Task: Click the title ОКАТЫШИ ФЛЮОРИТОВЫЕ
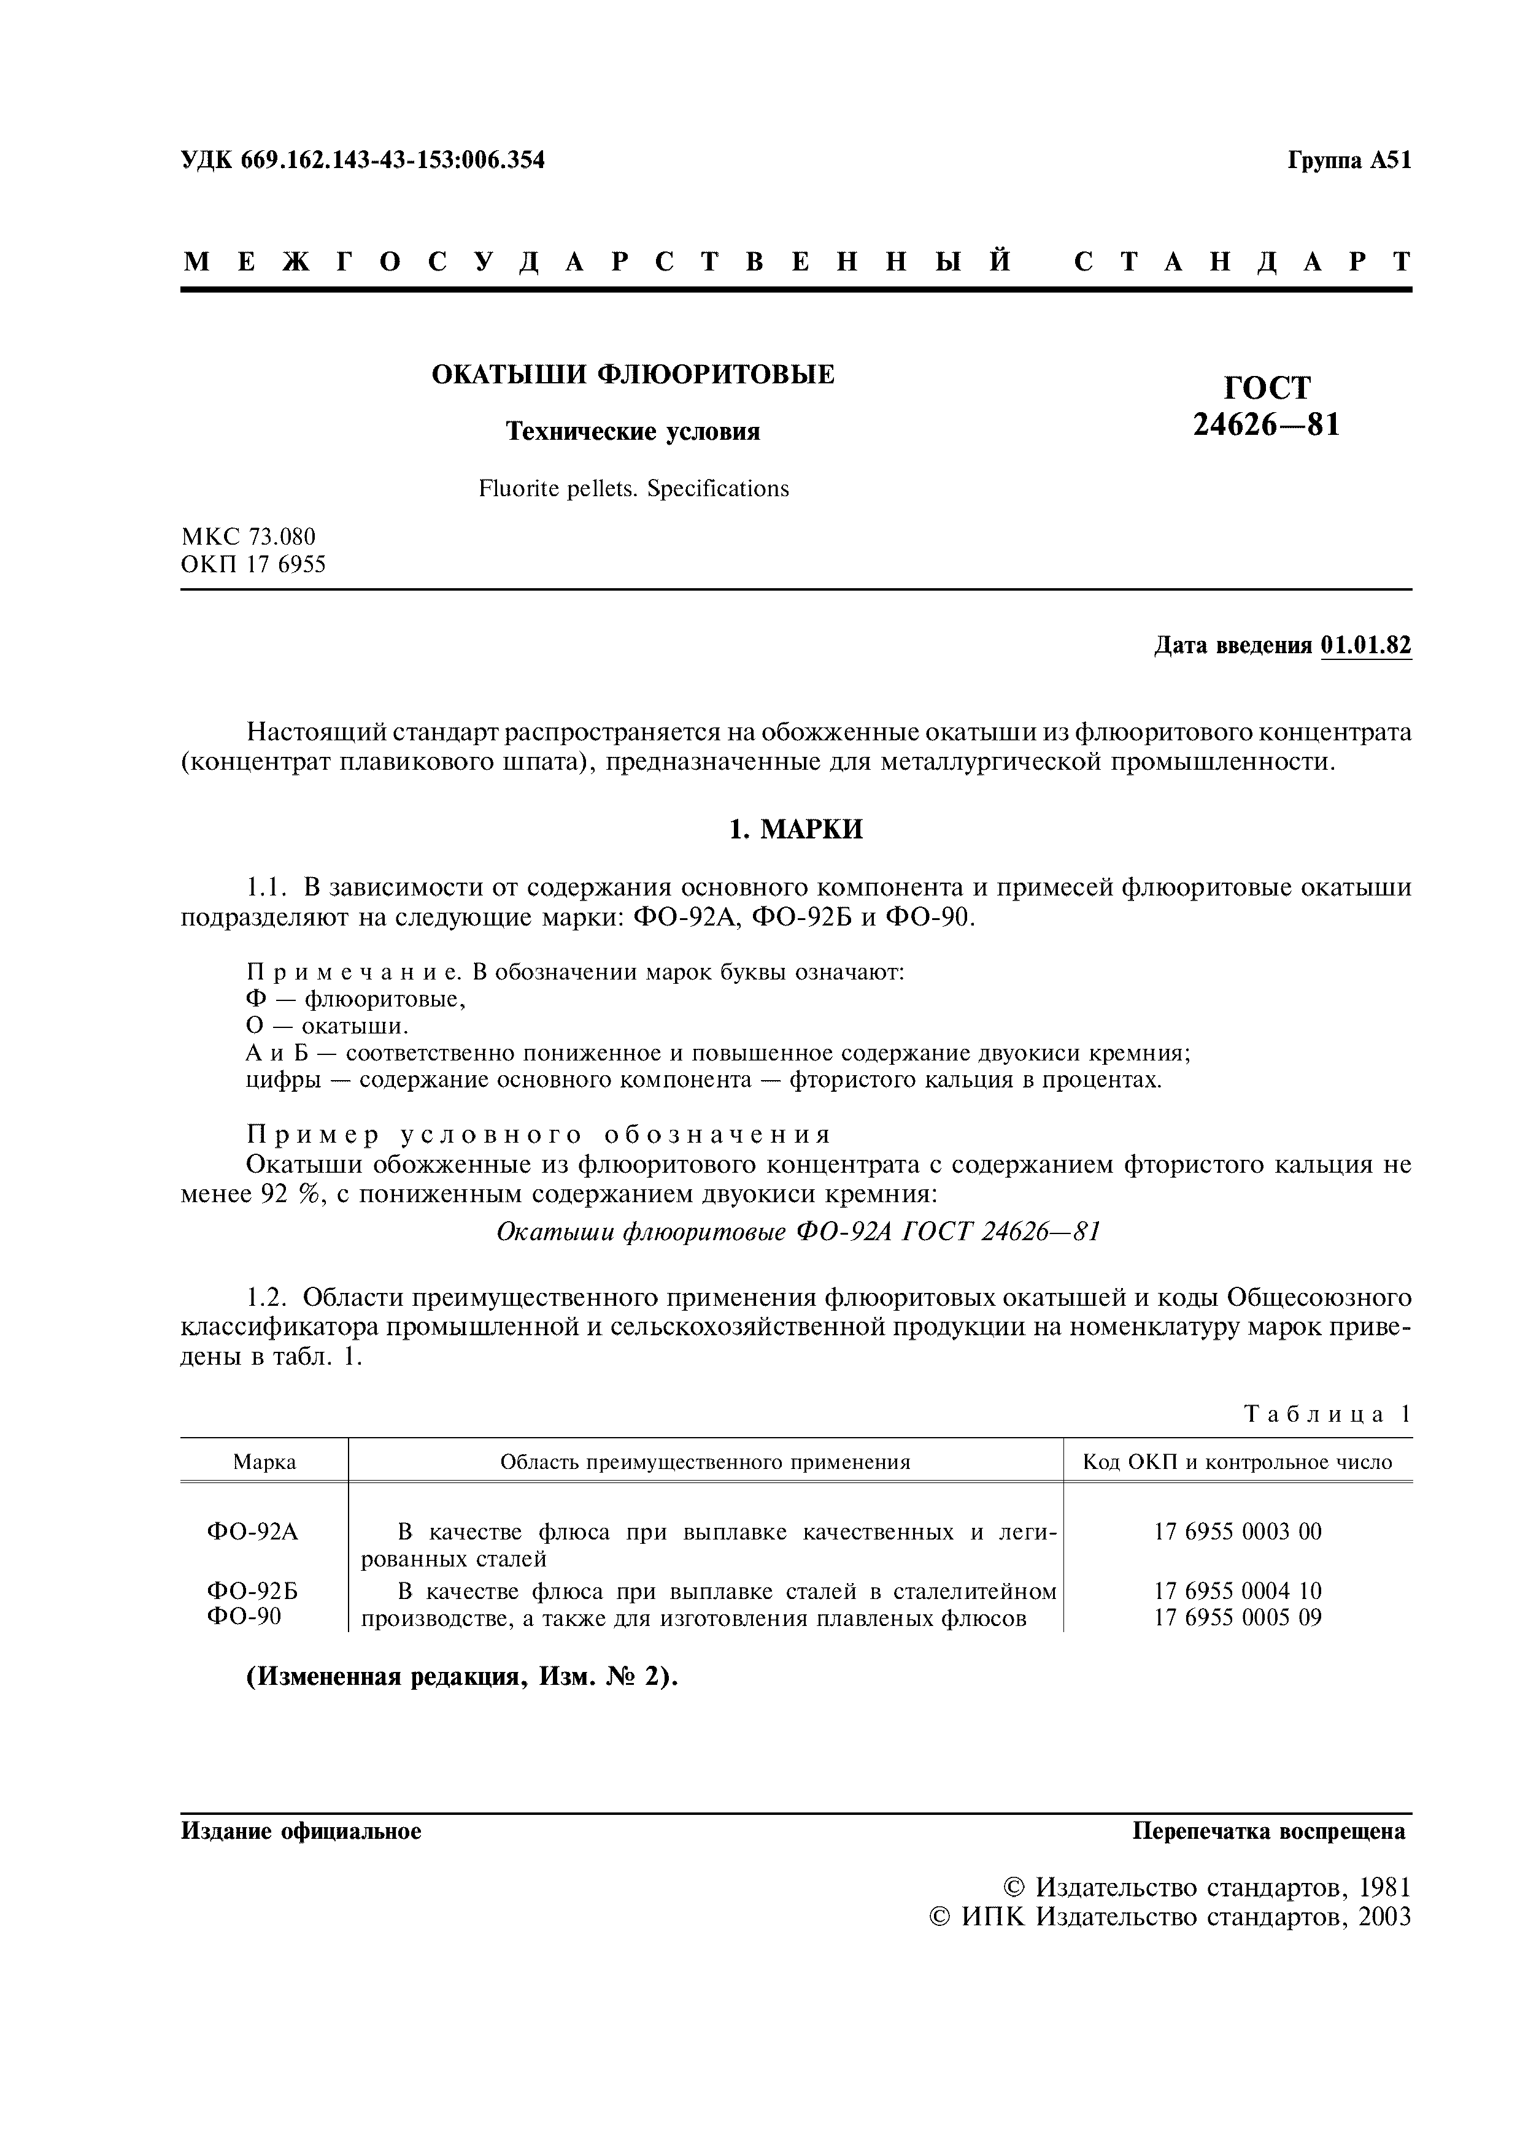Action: pos(633,375)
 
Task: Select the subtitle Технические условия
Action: pos(633,431)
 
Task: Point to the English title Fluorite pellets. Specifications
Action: pos(633,488)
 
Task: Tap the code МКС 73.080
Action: pos(249,537)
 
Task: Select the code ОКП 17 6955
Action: pos(253,565)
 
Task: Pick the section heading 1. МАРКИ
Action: pos(796,829)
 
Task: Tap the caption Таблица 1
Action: pos(1327,1414)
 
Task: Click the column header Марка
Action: pos(264,1462)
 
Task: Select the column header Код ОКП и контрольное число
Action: pos(1237,1462)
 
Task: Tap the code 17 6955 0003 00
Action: pos(1237,1532)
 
